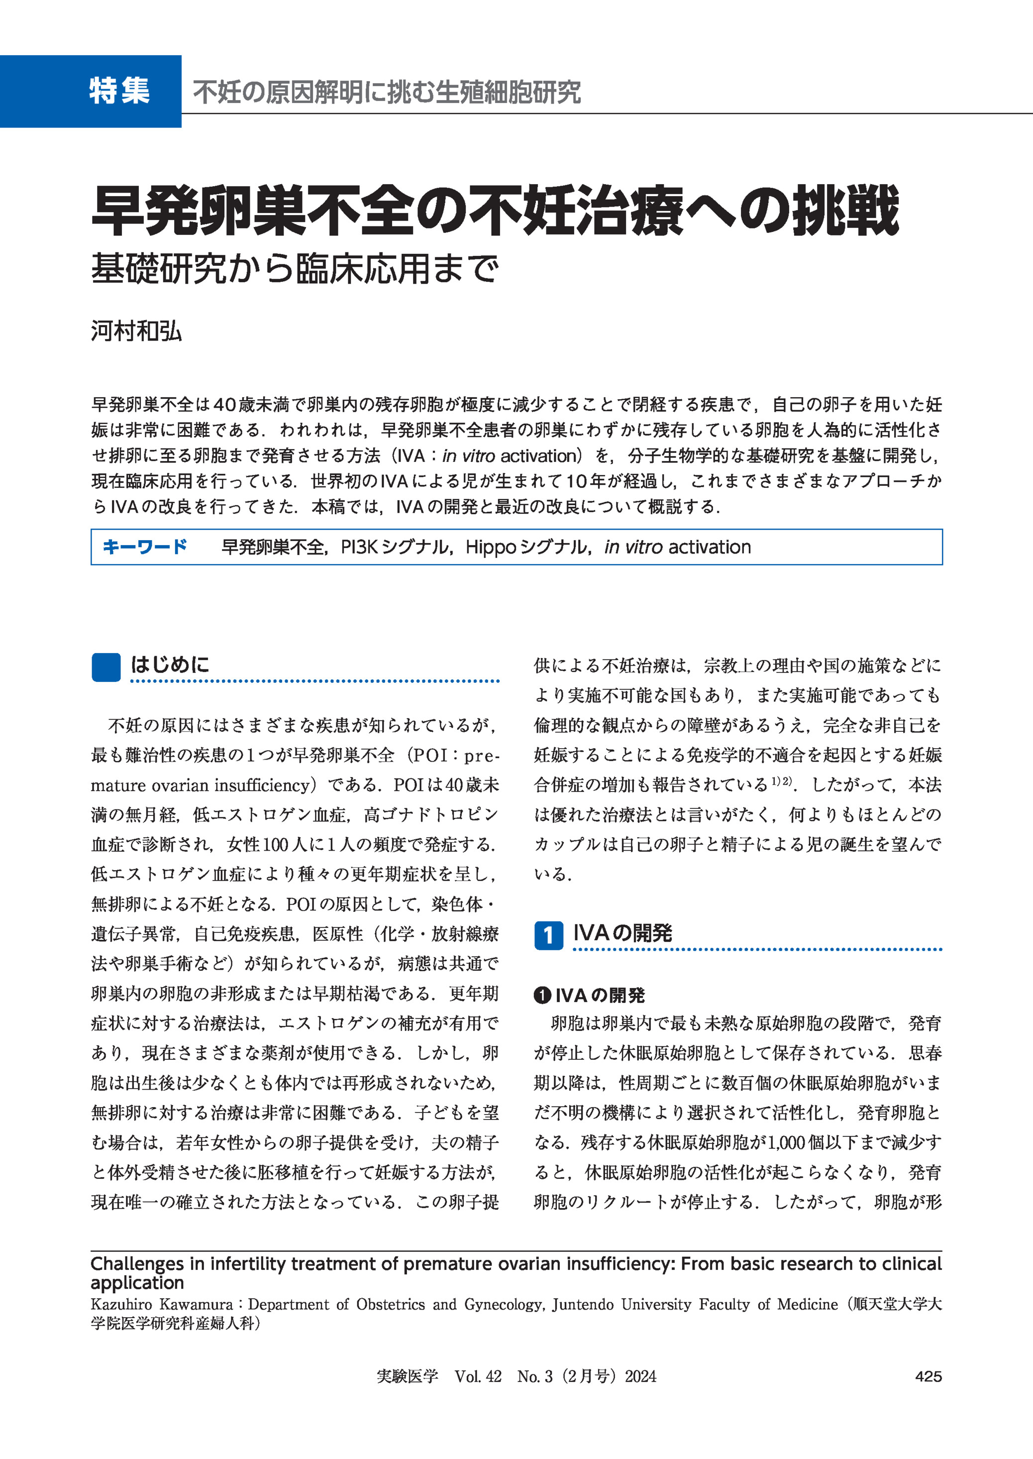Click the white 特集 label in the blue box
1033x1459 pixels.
coord(119,91)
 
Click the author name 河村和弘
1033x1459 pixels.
coord(136,331)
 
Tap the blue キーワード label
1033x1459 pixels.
coord(145,547)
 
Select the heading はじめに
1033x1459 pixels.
coord(170,665)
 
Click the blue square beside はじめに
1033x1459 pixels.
coord(105,668)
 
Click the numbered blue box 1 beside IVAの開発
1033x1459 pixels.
coord(548,935)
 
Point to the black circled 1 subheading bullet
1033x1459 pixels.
coord(541,995)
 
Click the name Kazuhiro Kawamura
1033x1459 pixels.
coord(162,1304)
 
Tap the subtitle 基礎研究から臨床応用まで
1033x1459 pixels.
coord(295,268)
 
